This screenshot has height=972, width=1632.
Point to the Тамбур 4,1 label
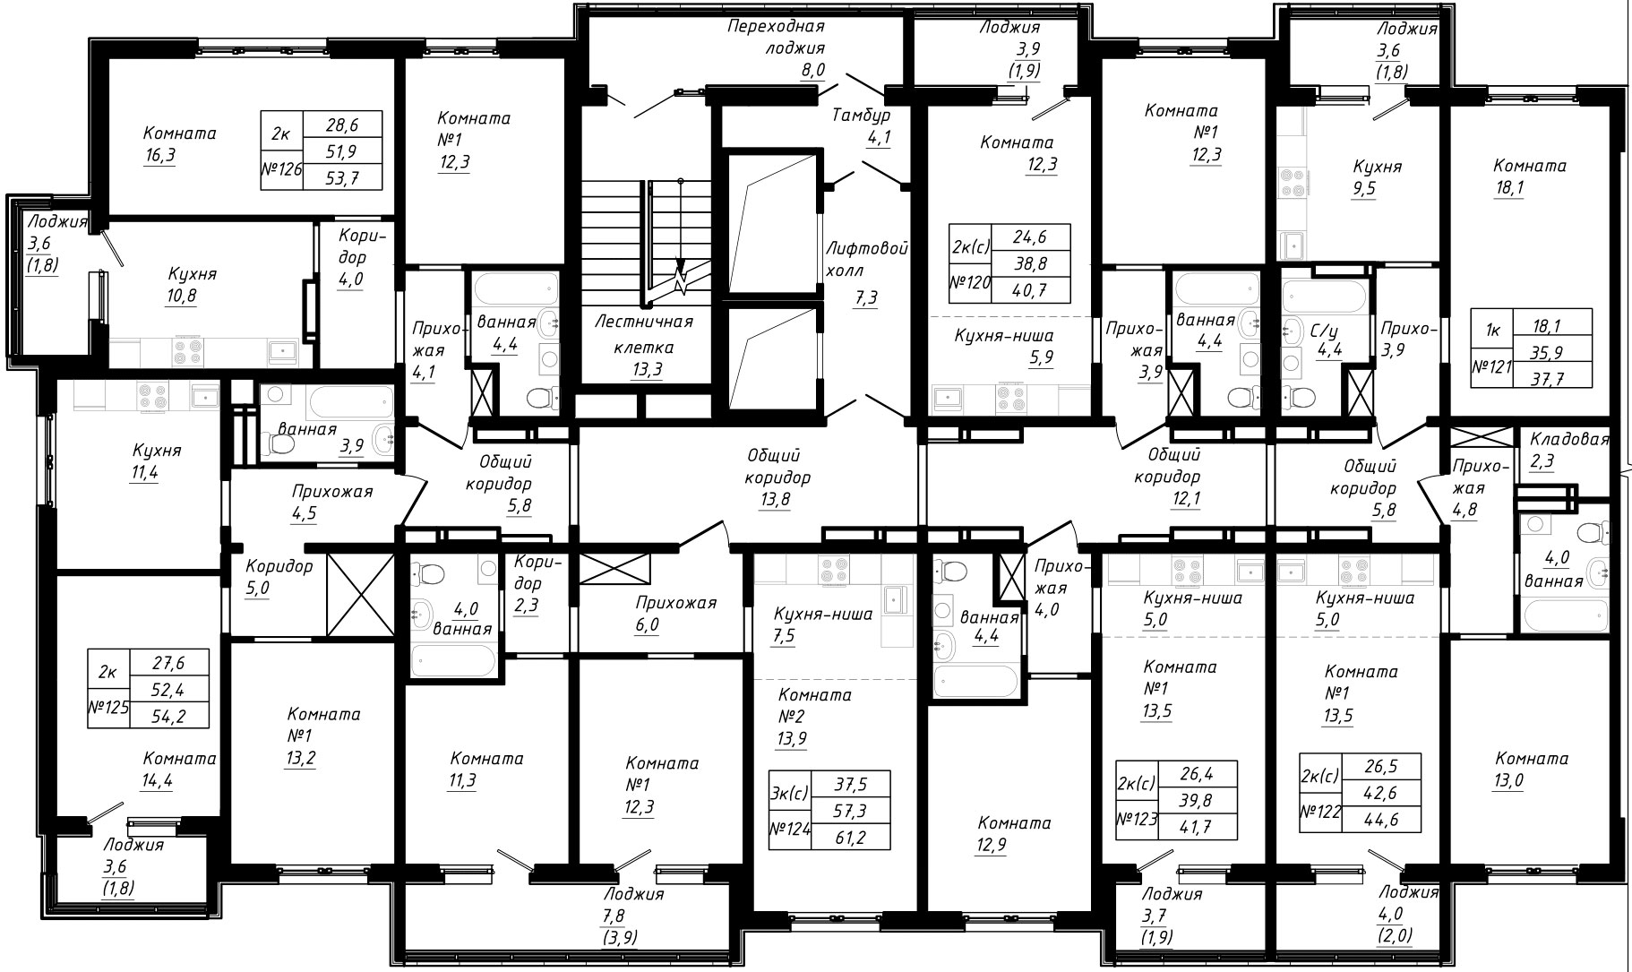861,126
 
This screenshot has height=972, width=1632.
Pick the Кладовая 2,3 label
1568,451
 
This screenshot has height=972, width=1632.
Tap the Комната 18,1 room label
1530,176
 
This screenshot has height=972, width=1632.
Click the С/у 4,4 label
1327,340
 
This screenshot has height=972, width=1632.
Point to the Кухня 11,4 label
157,460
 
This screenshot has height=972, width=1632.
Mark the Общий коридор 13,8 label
777,478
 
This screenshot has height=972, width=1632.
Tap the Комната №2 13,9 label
814,717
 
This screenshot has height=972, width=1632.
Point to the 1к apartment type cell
1492,330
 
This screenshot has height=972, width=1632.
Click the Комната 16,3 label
179,143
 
